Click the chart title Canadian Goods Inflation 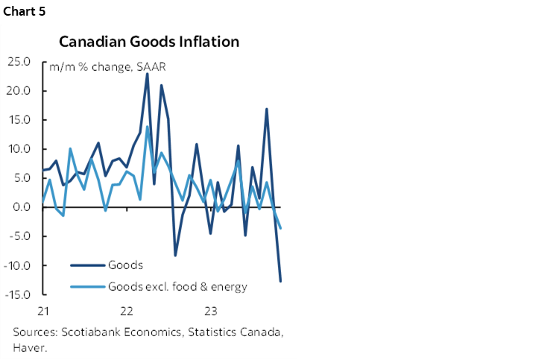[x=149, y=42]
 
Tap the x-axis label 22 [x=127, y=310]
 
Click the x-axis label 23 [x=211, y=310]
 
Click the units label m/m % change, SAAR [x=107, y=66]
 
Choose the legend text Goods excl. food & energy [x=177, y=285]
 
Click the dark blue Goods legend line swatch [x=87, y=265]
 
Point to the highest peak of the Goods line [x=147, y=73]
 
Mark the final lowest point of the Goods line [x=281, y=281]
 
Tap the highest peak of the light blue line [x=147, y=126]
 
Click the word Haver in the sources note [x=27, y=347]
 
